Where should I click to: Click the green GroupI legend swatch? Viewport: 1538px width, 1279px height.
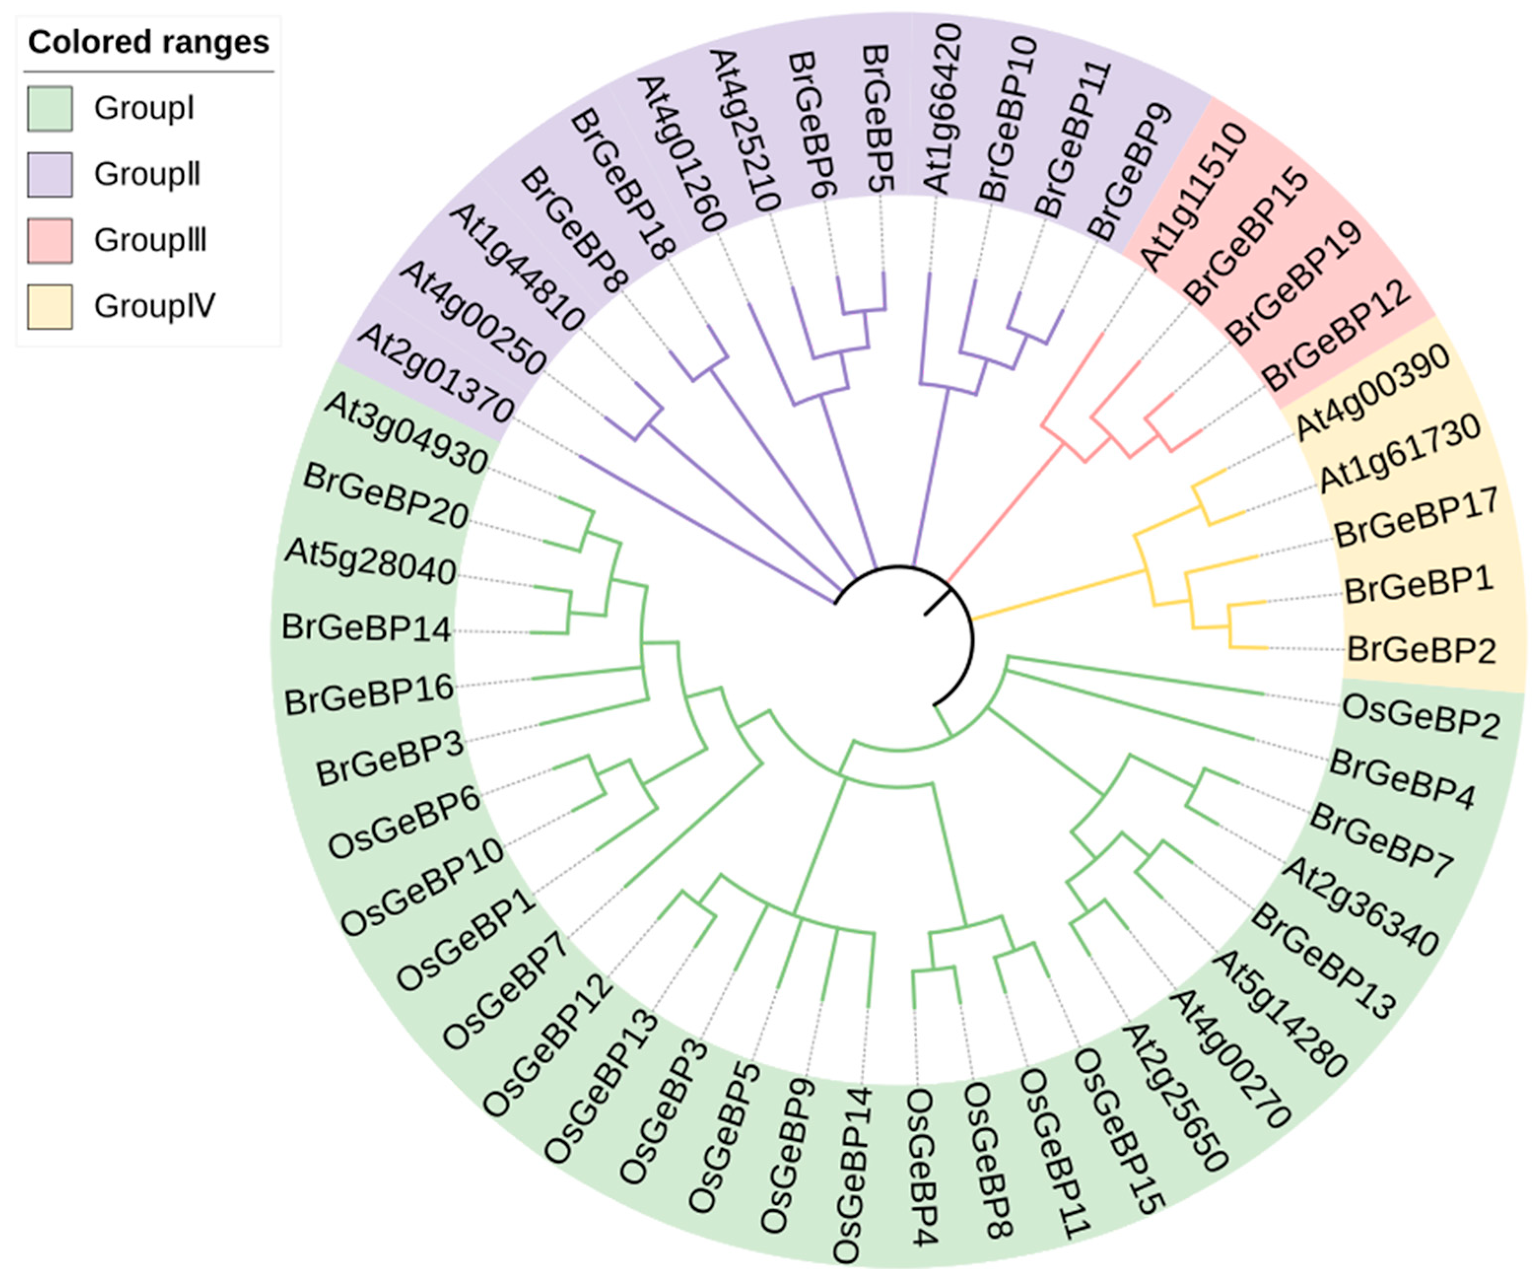[x=50, y=108]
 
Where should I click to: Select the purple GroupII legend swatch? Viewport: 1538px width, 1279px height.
[x=50, y=174]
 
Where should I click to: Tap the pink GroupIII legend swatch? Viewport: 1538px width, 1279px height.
[x=50, y=240]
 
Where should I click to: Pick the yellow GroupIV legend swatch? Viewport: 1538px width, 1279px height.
[x=50, y=306]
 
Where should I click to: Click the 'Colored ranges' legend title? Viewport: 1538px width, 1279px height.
[x=149, y=42]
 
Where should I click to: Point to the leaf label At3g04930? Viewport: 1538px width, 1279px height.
[x=405, y=432]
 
